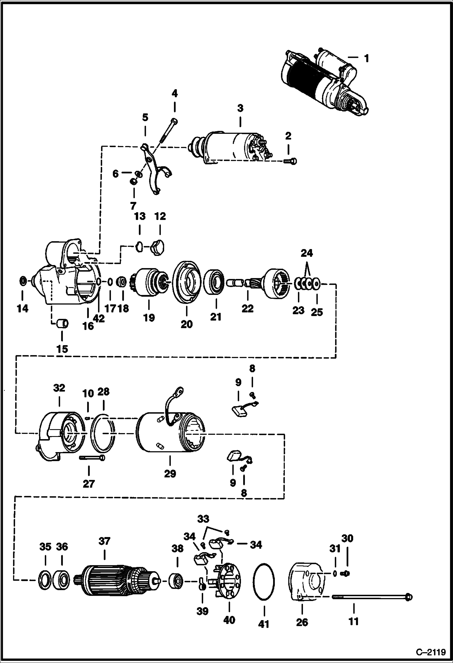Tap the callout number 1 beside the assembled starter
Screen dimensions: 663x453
click(x=366, y=58)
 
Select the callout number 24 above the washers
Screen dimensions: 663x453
click(x=307, y=253)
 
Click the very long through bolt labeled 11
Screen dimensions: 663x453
click(x=372, y=597)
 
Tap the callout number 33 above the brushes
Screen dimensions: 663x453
click(x=203, y=519)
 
